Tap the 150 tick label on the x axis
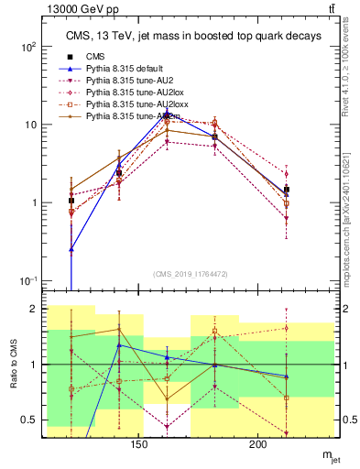click(138, 446)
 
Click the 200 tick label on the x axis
click(258, 446)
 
